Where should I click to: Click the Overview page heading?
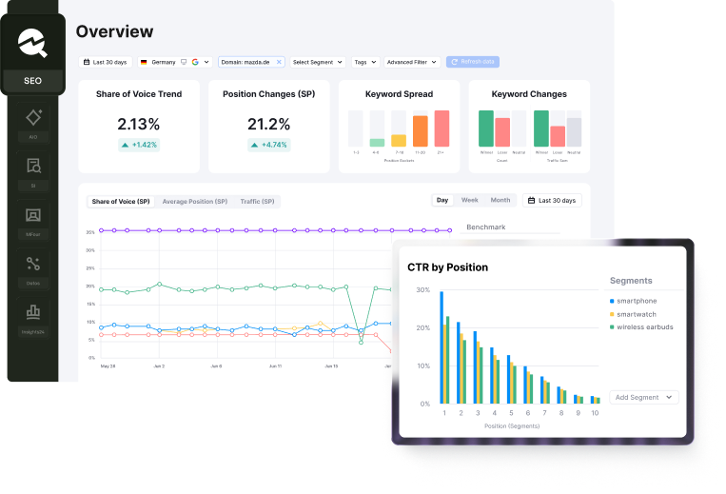click(x=114, y=31)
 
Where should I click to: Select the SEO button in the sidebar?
click(x=32, y=81)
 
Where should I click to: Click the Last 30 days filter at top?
click(x=106, y=62)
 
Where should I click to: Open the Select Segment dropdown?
click(x=317, y=62)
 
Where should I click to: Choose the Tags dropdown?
click(x=364, y=62)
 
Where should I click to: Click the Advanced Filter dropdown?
click(x=412, y=62)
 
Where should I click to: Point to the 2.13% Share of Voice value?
click(x=138, y=124)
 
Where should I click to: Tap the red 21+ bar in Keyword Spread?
click(x=441, y=128)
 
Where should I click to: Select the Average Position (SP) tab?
click(x=194, y=202)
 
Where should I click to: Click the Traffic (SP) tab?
click(x=257, y=202)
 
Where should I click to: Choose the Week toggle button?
click(x=470, y=201)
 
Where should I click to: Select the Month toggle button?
click(x=500, y=201)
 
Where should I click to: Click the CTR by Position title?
click(x=447, y=267)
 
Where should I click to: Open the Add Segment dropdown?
click(x=644, y=397)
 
